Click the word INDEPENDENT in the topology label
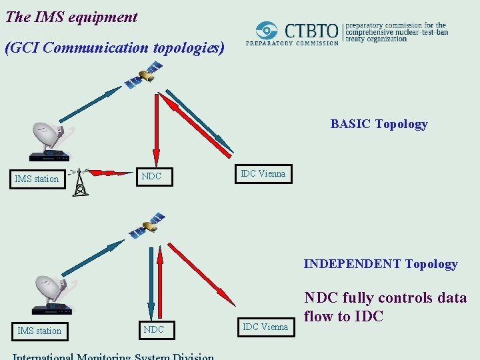coord(353,264)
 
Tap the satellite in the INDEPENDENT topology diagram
coord(147,225)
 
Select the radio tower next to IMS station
coord(80,182)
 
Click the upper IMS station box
coord(38,179)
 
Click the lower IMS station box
coord(39,331)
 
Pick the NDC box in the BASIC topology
coord(152,177)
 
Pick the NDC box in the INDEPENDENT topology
coord(154,329)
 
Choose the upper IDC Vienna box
coord(263,174)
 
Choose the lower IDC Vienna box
coord(265,327)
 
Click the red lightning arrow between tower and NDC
coord(111,173)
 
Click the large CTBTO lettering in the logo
coord(311,31)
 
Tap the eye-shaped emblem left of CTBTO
coord(268,31)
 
